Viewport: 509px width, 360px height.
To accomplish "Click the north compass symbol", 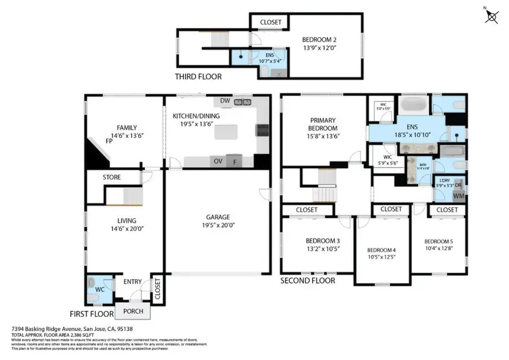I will tap(492, 17).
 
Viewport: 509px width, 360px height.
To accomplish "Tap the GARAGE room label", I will tap(218, 217).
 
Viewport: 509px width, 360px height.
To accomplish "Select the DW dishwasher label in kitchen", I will tap(226, 101).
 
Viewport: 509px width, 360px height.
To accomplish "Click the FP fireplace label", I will tap(109, 140).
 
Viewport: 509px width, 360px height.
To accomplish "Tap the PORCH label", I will tap(133, 311).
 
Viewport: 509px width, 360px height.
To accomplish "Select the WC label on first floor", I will tap(100, 289).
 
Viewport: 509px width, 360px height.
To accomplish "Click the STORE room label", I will tap(111, 178).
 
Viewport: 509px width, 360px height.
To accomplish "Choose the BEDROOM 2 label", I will tap(319, 40).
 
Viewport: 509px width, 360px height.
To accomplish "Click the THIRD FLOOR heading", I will tap(198, 76).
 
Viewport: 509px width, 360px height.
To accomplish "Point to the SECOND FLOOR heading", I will tap(308, 281).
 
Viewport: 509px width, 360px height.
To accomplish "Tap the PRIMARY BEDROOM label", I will tap(323, 124).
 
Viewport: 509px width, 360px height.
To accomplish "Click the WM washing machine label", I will tap(459, 196).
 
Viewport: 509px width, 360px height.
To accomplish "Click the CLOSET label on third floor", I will tap(270, 22).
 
